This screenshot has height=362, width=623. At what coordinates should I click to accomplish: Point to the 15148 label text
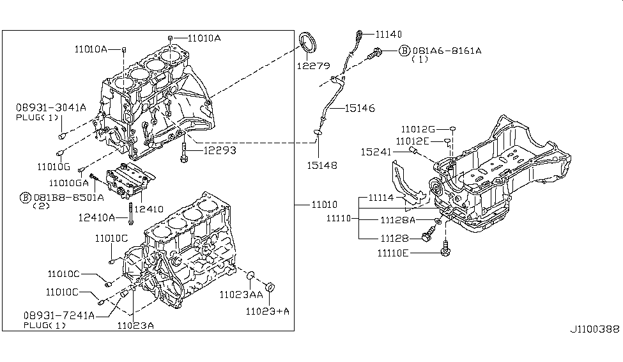point(321,165)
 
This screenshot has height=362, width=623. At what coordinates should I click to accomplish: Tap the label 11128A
point(397,220)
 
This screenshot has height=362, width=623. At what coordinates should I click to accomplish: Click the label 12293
point(220,151)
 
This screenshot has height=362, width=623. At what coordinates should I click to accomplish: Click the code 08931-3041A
point(51,108)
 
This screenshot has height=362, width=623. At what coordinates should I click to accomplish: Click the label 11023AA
point(241,295)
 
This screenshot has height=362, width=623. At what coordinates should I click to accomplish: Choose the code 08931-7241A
point(59,316)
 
